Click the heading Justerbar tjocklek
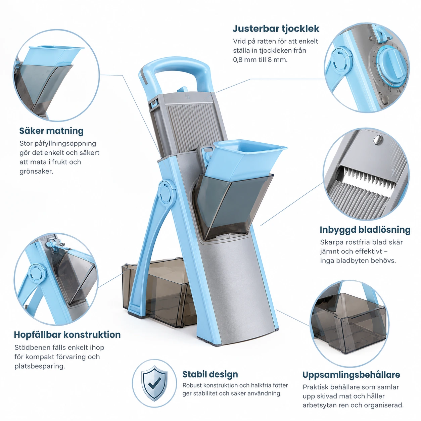(x=276, y=29)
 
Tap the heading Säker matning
(x=51, y=131)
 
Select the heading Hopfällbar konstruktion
(x=67, y=334)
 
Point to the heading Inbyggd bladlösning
(x=365, y=230)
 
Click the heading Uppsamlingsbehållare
(x=351, y=375)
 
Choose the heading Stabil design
(x=210, y=374)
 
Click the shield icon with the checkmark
(x=154, y=383)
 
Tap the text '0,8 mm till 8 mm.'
(x=260, y=60)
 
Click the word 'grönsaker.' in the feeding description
(x=37, y=172)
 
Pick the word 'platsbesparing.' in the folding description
(x=40, y=366)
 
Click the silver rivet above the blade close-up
(x=378, y=139)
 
